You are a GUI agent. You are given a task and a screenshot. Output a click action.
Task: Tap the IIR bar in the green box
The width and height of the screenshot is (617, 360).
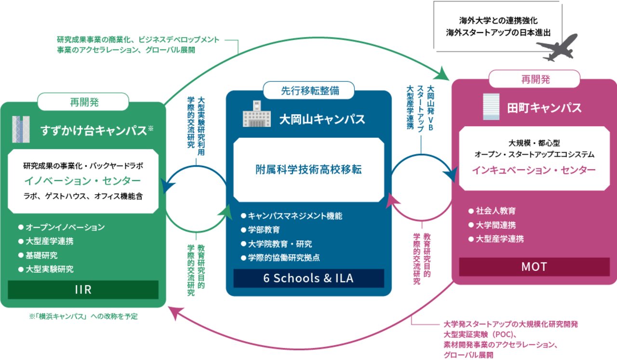pos(83,290)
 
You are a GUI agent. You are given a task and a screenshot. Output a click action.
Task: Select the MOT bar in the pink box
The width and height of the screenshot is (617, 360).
pos(534,267)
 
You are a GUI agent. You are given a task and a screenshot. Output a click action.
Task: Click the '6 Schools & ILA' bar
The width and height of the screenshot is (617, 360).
pos(308,278)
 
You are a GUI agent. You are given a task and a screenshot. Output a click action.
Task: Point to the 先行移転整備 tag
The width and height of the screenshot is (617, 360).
pos(309,90)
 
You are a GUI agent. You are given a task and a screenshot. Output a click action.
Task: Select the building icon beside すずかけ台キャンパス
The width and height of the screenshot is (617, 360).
pos(21,129)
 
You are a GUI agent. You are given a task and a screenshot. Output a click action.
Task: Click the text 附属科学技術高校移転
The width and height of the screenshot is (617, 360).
pos(308,170)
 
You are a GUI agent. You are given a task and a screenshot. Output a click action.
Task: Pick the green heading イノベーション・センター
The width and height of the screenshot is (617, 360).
pos(83,181)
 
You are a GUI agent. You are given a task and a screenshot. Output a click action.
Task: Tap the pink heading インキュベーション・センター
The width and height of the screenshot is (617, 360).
pos(534,170)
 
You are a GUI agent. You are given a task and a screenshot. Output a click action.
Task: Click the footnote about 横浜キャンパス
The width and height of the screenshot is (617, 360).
pos(83,317)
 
